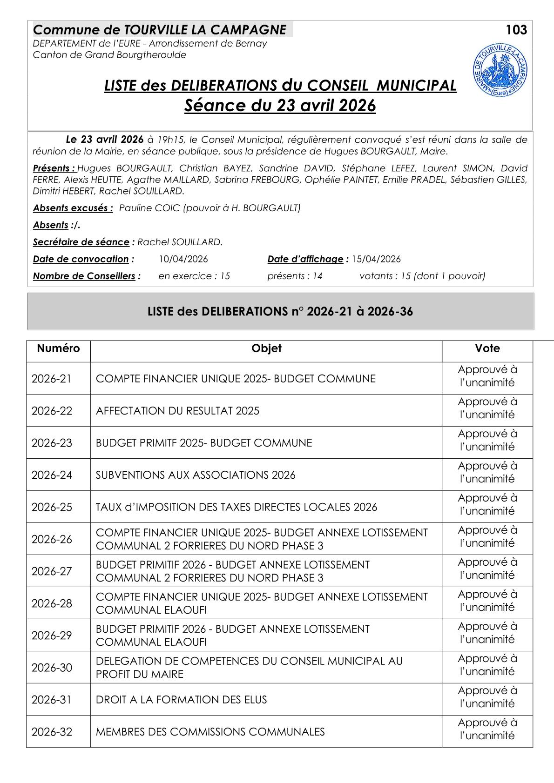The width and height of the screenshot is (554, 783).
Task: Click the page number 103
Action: [x=516, y=30]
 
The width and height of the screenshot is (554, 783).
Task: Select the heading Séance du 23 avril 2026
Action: [x=280, y=106]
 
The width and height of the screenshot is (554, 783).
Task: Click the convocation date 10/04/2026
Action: [x=183, y=259]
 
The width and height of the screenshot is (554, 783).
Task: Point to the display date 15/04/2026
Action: [x=376, y=259]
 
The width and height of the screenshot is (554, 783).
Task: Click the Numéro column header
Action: [x=58, y=348]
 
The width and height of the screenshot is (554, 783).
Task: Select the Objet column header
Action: [x=266, y=348]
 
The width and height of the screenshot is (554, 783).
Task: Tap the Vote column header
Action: [x=487, y=348]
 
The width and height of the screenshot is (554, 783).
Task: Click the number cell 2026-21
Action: [x=52, y=379]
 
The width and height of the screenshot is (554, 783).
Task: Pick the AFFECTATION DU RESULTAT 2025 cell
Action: [x=177, y=411]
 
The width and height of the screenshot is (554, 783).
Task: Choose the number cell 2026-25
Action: [x=52, y=507]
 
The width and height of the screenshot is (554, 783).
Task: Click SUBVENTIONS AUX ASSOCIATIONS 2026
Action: [x=196, y=475]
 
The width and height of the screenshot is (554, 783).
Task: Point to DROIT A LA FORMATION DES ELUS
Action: [x=181, y=700]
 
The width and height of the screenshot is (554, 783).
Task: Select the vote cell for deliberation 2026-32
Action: [x=487, y=729]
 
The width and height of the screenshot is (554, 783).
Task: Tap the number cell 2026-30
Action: [x=52, y=668]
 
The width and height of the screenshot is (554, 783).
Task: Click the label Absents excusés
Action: [x=73, y=208]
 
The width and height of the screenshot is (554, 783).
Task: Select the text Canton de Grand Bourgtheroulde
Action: [x=109, y=55]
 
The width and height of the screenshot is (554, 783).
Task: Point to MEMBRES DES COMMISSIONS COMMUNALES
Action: [x=210, y=732]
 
